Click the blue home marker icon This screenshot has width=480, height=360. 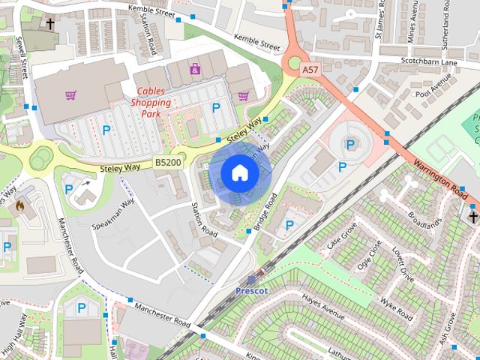pyautogui.click(x=238, y=173)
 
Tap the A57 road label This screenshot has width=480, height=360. pyautogui.click(x=310, y=69)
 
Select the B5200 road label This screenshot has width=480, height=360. pyautogui.click(x=167, y=162)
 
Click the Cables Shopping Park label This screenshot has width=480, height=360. pyautogui.click(x=151, y=102)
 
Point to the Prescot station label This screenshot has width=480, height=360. pyautogui.click(x=251, y=289)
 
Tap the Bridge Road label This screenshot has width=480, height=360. pyautogui.click(x=266, y=211)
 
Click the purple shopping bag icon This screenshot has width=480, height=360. pyautogui.click(x=195, y=69)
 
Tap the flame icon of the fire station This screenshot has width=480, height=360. pyautogui.click(x=19, y=204)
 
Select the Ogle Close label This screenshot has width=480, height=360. pyautogui.click(x=369, y=257)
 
